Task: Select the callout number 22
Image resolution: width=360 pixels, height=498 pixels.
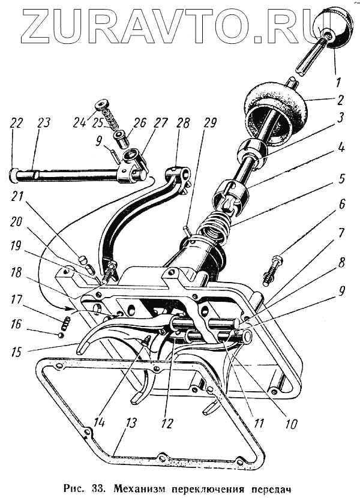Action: (16, 124)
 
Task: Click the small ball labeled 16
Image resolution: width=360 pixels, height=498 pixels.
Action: (61, 335)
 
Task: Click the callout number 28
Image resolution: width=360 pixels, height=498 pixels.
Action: (183, 124)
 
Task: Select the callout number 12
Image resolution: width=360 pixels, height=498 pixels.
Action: (167, 424)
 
